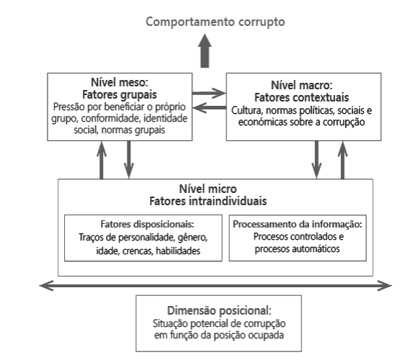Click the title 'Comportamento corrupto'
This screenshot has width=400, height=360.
coord(215,22)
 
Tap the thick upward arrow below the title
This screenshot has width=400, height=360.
coord(205,50)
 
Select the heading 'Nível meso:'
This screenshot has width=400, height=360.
coord(120,82)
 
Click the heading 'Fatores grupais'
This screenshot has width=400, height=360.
coord(120,95)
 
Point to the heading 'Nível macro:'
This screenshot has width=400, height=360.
coord(302,85)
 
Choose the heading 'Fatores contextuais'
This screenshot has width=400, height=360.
coord(302,97)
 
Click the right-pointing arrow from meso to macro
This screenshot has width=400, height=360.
coord(209,94)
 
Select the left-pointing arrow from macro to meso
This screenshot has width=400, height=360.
coord(209,107)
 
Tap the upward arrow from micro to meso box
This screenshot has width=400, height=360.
coord(102,160)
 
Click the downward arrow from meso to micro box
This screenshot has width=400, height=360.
coord(129,160)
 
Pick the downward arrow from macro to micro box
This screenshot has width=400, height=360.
coord(316,160)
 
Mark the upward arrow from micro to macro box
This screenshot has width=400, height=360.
coord(342,160)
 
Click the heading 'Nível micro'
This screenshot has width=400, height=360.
coord(208,189)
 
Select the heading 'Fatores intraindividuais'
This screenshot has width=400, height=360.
coord(208,202)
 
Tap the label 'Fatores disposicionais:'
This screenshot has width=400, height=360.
coord(147,224)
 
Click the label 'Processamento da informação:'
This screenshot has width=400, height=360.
coord(298,224)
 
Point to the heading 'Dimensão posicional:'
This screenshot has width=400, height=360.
coord(219,311)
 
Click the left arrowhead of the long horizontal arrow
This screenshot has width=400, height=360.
coord(46,286)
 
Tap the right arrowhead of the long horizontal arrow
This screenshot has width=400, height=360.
coord(385,286)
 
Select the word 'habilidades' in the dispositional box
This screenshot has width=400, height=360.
coord(178,251)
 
